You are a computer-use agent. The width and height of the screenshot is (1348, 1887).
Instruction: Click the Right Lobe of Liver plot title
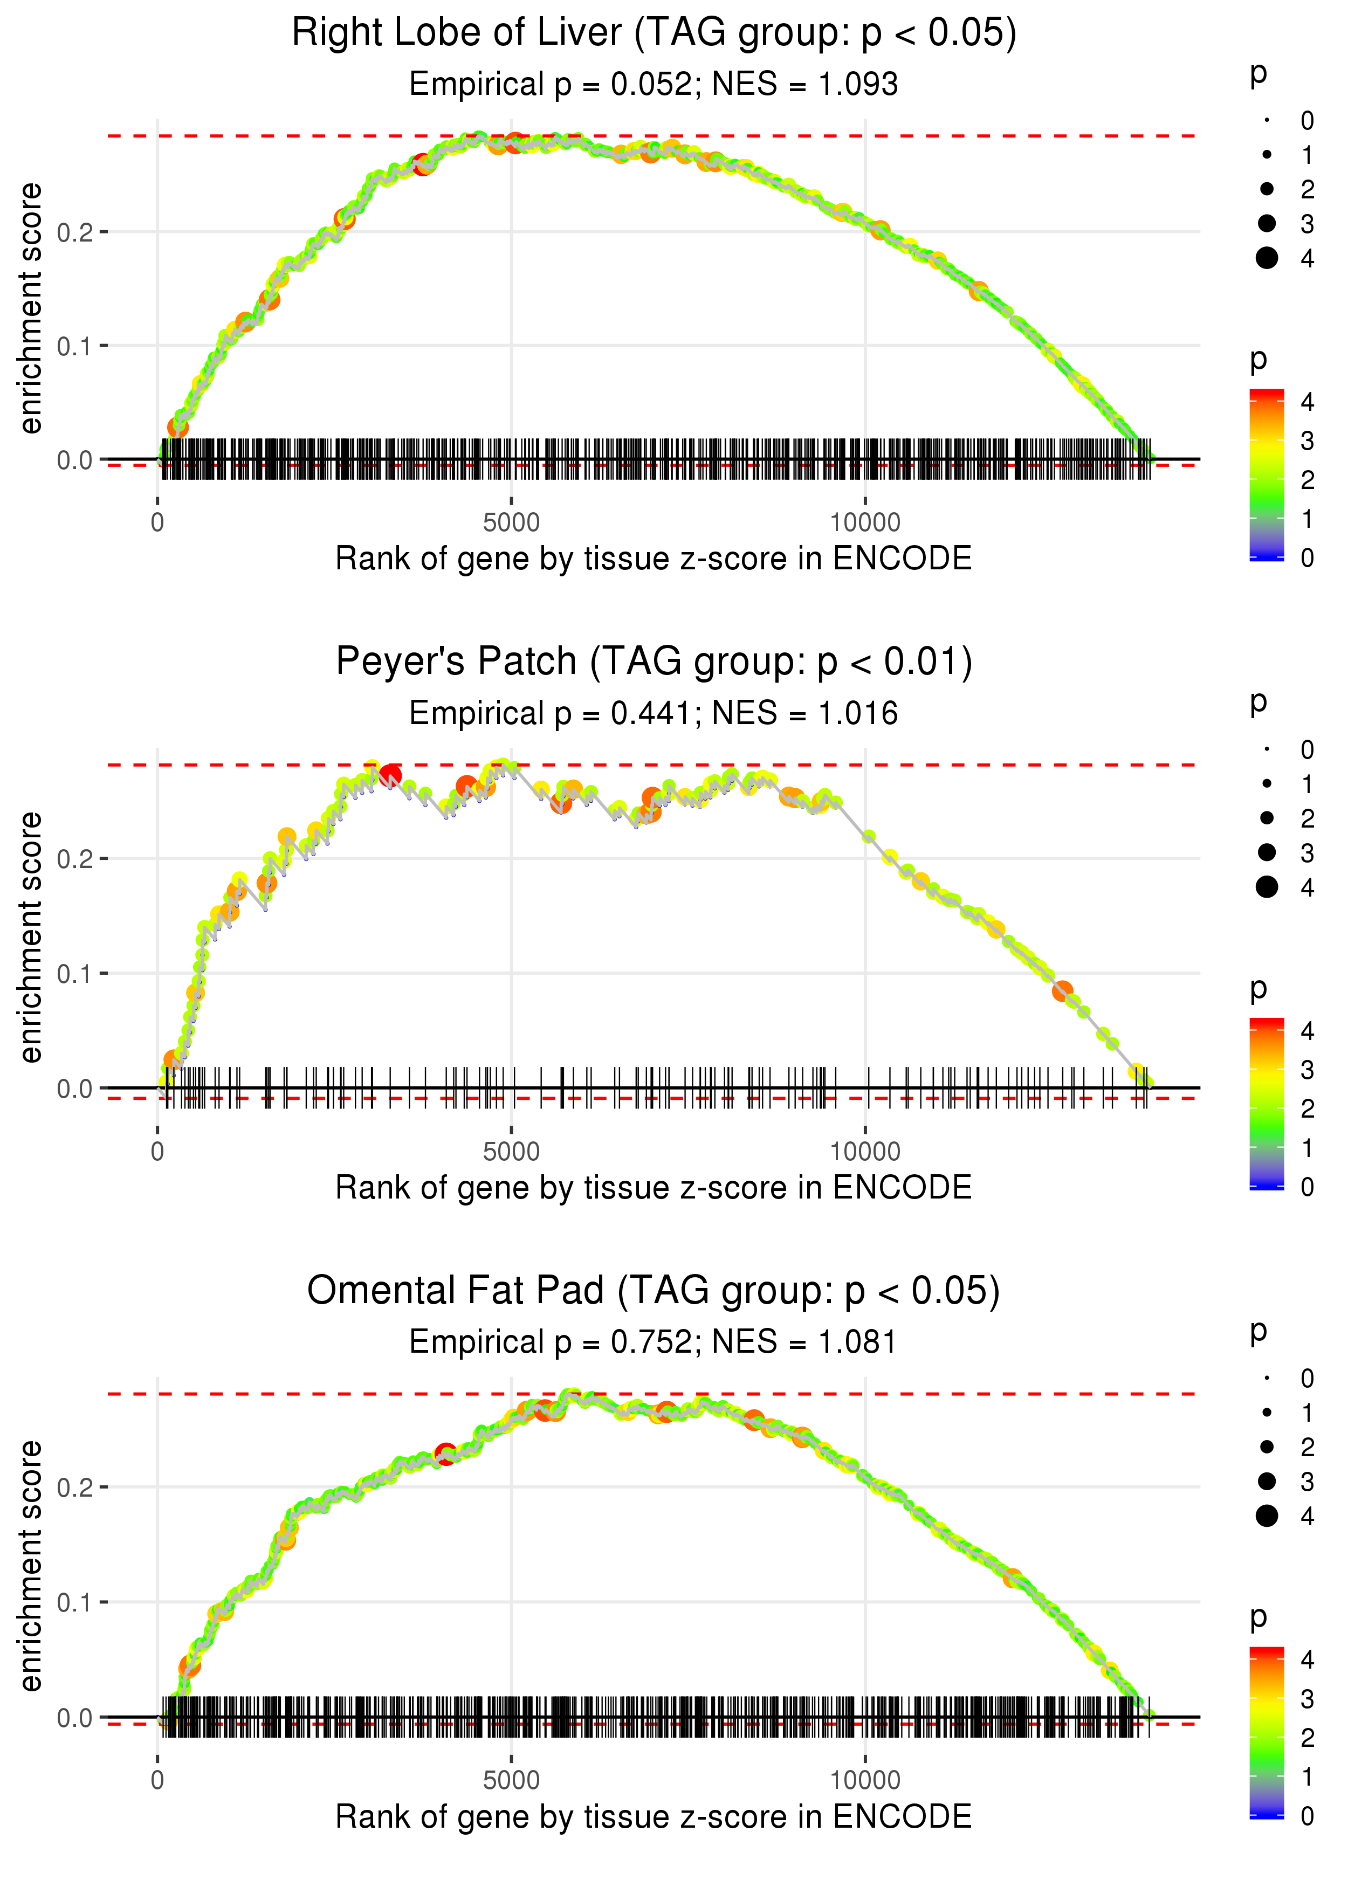click(654, 33)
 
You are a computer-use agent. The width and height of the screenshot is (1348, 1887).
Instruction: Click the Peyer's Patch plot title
click(654, 662)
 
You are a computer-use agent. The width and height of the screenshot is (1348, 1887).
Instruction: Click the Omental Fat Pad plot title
click(654, 1291)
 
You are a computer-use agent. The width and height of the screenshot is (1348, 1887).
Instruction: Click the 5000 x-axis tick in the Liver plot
click(511, 523)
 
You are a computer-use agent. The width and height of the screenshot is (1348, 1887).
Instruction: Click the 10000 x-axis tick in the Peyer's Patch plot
click(865, 1152)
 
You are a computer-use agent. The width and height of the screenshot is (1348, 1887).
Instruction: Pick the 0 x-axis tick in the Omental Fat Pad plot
click(157, 1781)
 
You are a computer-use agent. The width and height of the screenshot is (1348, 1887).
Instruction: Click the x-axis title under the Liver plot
click(654, 559)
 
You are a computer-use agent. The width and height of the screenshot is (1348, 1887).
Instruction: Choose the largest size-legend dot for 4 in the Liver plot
click(1267, 258)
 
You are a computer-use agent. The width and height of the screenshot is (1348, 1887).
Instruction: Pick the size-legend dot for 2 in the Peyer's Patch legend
click(1267, 818)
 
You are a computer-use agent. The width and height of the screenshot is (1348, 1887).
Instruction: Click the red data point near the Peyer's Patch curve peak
click(390, 776)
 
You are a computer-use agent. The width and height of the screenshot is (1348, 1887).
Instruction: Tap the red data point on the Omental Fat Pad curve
click(446, 1454)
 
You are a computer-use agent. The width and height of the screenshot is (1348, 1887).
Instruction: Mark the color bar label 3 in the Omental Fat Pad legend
click(1308, 1699)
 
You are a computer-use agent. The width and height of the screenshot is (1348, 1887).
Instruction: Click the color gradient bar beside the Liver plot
click(1267, 474)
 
